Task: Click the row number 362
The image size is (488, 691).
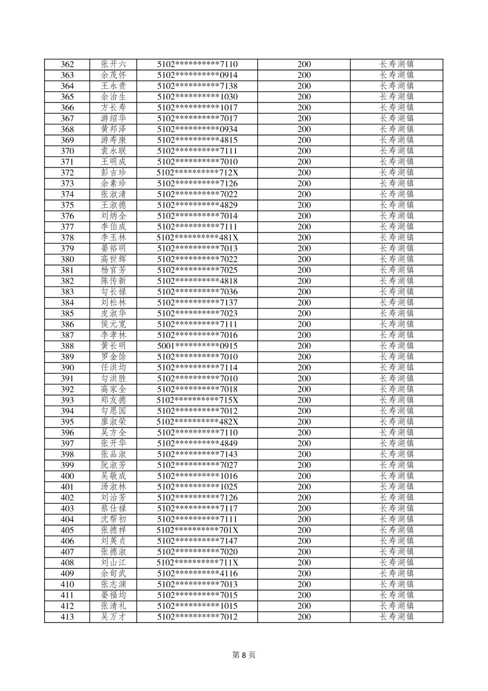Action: click(x=67, y=65)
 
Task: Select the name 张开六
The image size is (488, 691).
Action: click(x=114, y=65)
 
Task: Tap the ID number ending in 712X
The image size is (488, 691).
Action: click(x=197, y=173)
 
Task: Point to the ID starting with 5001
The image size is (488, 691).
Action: click(x=197, y=346)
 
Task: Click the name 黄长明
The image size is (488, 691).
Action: click(x=114, y=346)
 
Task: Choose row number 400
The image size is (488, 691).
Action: click(x=67, y=476)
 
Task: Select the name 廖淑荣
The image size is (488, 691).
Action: click(x=114, y=422)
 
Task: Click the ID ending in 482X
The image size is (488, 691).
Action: click(x=197, y=422)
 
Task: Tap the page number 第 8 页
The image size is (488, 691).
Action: click(x=244, y=655)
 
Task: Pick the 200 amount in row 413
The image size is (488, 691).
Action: click(x=304, y=617)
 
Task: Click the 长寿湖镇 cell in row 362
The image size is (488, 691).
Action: click(x=397, y=65)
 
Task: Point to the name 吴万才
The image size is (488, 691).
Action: click(x=114, y=617)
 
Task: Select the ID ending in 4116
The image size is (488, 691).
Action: click(x=197, y=574)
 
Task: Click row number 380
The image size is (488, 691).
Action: click(x=67, y=260)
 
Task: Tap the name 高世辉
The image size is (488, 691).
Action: click(x=114, y=260)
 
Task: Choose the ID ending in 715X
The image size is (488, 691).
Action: click(x=197, y=400)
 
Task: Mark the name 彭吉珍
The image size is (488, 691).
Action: click(x=114, y=173)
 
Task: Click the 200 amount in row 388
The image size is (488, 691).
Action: click(x=304, y=346)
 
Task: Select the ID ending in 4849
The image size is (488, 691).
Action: click(x=197, y=444)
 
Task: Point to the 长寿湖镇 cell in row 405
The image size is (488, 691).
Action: click(x=397, y=530)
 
